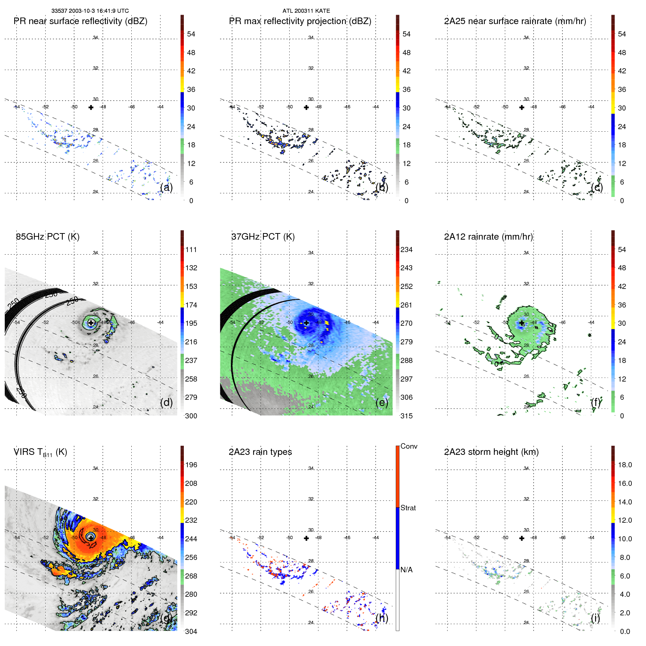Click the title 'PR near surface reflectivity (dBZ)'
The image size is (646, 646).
(x=80, y=21)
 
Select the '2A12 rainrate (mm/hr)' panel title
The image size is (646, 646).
(x=488, y=237)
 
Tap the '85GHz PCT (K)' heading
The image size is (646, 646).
(x=48, y=237)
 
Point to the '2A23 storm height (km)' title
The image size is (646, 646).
(x=491, y=452)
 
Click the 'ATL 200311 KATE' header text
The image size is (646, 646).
(x=306, y=11)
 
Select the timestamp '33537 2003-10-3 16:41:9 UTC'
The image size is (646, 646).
(x=90, y=11)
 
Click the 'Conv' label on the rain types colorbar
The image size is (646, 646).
(x=409, y=446)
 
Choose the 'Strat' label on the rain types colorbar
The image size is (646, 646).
(x=408, y=508)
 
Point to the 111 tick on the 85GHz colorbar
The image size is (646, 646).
(x=191, y=249)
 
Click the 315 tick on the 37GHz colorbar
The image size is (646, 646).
(x=406, y=416)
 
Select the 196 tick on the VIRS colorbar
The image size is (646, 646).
(x=191, y=465)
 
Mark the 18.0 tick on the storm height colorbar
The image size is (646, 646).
(x=625, y=465)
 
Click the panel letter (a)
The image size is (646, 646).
(x=166, y=187)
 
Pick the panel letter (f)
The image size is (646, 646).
(x=596, y=402)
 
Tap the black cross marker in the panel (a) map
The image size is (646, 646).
(x=91, y=107)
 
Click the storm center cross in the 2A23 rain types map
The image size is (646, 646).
(x=306, y=538)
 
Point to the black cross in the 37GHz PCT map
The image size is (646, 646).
(x=306, y=323)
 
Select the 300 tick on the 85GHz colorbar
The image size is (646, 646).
(x=191, y=416)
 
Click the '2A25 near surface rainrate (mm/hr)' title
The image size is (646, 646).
(x=515, y=21)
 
